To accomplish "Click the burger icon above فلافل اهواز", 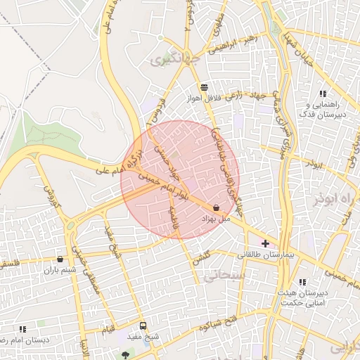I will (x=204, y=87).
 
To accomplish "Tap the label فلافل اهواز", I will (x=204, y=98).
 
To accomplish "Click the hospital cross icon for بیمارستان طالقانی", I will (x=265, y=243).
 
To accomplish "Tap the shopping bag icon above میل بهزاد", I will (x=215, y=207).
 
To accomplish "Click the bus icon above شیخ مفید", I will (x=143, y=326).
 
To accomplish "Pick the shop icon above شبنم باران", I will (x=59, y=259).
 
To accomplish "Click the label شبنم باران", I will (x=60, y=270).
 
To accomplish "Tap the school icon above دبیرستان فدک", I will (x=323, y=94).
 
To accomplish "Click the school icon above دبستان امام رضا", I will (x=22, y=328).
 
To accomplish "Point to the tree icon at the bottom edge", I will (x=126, y=355).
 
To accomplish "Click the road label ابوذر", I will (x=314, y=163).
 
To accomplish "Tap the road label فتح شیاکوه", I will (x=216, y=326).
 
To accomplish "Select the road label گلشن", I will (x=200, y=257).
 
